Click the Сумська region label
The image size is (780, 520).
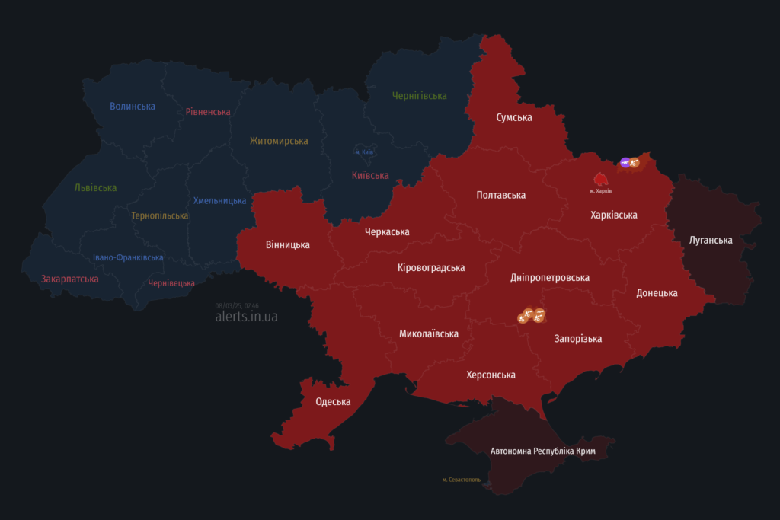coord(513,117)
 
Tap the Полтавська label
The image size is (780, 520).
coord(500,195)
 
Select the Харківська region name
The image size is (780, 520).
coord(613,215)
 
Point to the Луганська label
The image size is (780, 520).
coord(710,240)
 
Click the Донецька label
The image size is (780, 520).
coord(657,292)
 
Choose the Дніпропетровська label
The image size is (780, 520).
coord(549,277)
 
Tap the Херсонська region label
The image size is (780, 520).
coord(491,375)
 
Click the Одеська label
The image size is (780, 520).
coord(333,401)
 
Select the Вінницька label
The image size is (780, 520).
coord(287,244)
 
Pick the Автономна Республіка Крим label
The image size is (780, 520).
coord(542,451)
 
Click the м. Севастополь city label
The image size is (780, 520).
coord(461,480)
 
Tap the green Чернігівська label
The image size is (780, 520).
coord(419,95)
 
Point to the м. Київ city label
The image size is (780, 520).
coord(363,152)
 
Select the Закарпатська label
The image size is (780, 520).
coord(69,279)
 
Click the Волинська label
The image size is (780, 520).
coord(132,106)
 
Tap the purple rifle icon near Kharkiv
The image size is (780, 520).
coord(625,162)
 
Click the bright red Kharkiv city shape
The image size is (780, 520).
coord(600,179)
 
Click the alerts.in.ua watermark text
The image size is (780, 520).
coord(246,316)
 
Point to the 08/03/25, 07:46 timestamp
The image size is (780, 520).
coord(237,305)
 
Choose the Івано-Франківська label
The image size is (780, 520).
coord(128,257)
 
